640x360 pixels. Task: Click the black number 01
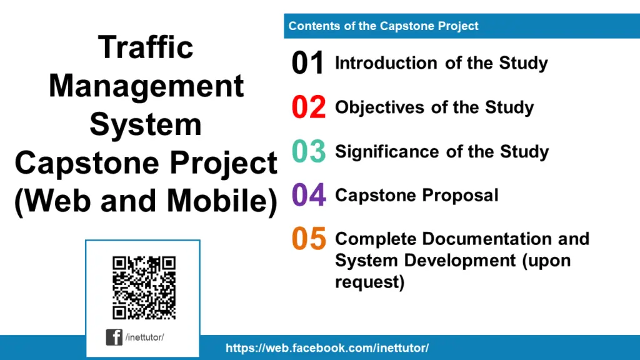308,64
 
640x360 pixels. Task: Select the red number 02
309,107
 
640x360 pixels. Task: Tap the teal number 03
309,151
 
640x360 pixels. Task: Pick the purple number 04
309,195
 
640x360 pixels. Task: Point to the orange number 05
309,239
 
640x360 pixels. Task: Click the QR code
144,287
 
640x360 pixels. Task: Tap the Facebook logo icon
114,337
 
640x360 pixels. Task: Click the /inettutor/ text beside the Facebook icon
144,337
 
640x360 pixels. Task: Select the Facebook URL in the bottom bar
327,348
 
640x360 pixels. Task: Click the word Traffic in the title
146,47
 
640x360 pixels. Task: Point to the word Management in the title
146,86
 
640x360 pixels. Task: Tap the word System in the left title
146,124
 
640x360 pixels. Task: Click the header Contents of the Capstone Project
383,26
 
